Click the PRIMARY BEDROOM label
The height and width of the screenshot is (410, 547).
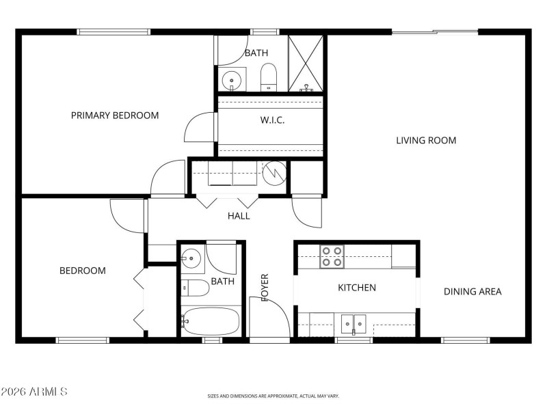pyautogui.click(x=115, y=115)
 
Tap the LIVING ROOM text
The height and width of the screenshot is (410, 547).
pyautogui.click(x=426, y=141)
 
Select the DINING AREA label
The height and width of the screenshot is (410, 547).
pyautogui.click(x=472, y=292)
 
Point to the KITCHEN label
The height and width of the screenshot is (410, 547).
pyautogui.click(x=357, y=288)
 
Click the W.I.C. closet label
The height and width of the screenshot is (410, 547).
pyautogui.click(x=272, y=120)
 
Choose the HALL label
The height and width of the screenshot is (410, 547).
pyautogui.click(x=239, y=216)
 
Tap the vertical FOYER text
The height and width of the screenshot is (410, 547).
pyautogui.click(x=265, y=287)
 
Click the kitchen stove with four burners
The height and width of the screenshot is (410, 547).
pyautogui.click(x=332, y=257)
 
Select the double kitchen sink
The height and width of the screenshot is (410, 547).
pyautogui.click(x=353, y=322)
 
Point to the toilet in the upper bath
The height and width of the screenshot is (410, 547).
pyautogui.click(x=269, y=76)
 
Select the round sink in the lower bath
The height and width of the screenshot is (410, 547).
pyautogui.click(x=192, y=258)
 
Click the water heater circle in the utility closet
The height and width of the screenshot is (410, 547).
pyautogui.click(x=274, y=172)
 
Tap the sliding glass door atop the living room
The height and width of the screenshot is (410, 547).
pyautogui.click(x=435, y=31)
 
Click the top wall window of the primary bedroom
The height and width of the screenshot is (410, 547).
pyautogui.click(x=114, y=31)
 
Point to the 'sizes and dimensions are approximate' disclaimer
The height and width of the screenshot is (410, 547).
pyautogui.click(x=273, y=396)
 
